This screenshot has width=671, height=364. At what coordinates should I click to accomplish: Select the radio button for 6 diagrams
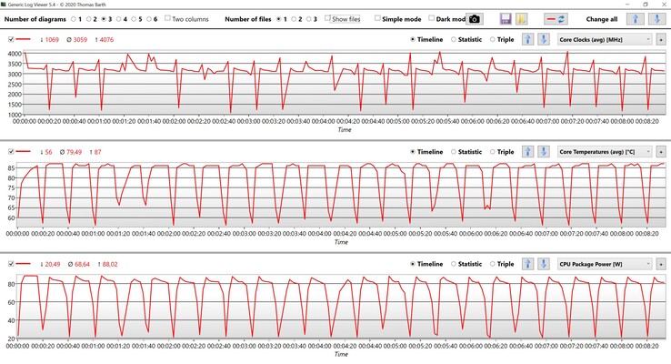(148, 19)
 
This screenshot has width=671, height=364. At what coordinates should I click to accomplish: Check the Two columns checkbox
(169, 19)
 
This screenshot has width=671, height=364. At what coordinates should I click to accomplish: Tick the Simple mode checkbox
(378, 19)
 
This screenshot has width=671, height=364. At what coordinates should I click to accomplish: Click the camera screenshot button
(474, 19)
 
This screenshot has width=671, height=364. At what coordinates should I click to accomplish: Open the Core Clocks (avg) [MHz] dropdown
(605, 39)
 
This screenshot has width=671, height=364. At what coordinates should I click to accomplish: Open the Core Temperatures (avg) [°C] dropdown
(605, 152)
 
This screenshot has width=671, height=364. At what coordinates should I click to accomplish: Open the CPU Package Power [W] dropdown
(605, 264)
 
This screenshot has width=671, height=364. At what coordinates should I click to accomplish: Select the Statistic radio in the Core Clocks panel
(453, 39)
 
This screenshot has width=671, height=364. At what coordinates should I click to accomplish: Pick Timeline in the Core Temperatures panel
(414, 152)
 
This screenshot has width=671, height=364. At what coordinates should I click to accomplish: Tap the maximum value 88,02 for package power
(108, 264)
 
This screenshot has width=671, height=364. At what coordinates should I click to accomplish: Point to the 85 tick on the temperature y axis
(12, 168)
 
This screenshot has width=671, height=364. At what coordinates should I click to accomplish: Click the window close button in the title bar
(658, 5)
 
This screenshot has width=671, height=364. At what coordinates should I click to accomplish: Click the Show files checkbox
(329, 19)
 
